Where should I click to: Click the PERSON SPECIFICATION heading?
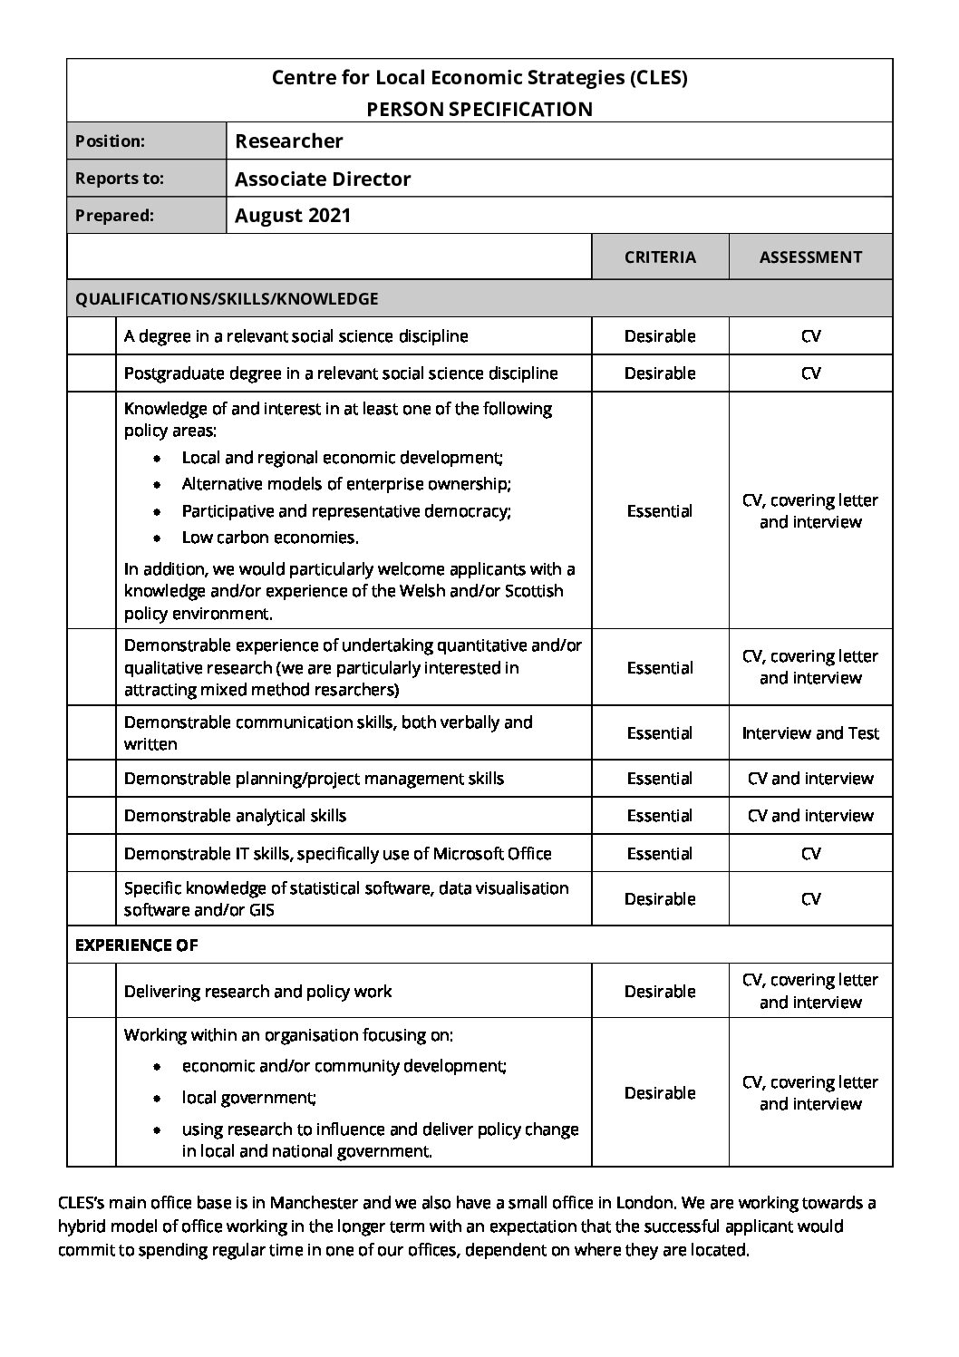[479, 110]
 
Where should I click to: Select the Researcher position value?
[288, 141]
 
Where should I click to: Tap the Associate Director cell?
[322, 179]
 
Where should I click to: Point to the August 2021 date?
[292, 216]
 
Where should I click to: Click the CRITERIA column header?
[660, 257]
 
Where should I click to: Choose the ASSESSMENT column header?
[810, 257]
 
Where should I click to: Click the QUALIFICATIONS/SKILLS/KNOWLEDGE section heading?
[227, 298]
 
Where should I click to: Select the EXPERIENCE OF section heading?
[136, 945]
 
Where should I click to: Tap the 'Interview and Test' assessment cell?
[810, 733]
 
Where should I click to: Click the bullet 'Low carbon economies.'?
[270, 538]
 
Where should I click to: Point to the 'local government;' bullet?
[249, 1098]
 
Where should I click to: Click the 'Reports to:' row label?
[120, 179]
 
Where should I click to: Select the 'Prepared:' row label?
[114, 216]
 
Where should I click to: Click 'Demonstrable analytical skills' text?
[235, 816]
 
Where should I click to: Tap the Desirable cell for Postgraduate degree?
[660, 373]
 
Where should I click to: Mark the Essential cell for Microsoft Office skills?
[660, 854]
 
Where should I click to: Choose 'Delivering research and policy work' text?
[257, 992]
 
